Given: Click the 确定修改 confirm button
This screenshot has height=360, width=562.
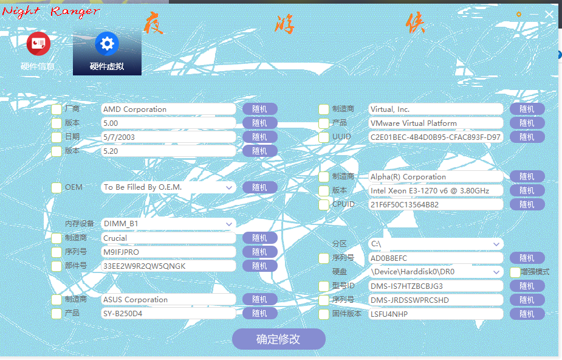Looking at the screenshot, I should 278,339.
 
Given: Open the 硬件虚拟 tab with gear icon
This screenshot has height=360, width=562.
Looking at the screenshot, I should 107,52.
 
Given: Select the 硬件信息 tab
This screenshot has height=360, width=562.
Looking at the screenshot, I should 38,52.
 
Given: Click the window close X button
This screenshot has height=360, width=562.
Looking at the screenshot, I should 549,14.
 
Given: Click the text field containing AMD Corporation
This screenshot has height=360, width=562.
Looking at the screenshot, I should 168,109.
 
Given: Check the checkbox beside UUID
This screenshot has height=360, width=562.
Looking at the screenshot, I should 324,137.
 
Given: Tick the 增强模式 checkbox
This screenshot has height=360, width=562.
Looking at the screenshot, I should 515,272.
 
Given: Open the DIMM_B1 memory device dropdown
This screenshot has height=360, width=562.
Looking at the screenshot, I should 168,224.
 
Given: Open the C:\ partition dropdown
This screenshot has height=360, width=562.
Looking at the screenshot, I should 436,244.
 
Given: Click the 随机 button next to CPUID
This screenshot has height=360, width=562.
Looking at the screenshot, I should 527,205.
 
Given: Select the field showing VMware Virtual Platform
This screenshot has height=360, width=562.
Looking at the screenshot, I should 436,123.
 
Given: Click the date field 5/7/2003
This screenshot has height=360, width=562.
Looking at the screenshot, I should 168,137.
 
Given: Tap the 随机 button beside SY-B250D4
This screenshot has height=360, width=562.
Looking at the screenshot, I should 259,314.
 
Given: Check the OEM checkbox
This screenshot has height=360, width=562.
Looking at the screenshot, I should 57,187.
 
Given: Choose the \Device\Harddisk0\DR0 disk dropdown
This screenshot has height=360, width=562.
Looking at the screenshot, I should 436,272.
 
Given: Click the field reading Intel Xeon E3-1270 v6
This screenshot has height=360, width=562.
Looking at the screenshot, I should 436,191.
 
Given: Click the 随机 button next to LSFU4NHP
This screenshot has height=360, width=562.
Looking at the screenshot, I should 527,314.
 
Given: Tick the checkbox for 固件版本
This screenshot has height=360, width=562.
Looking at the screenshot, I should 324,314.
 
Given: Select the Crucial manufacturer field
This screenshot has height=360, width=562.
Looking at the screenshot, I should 168,238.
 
